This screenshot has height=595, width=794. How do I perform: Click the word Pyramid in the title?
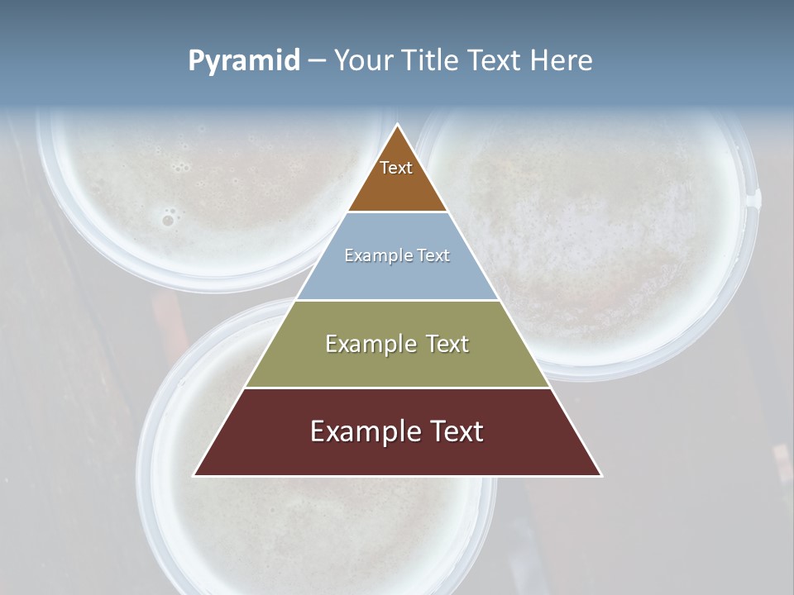click(244, 60)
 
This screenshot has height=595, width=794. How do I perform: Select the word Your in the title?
click(364, 60)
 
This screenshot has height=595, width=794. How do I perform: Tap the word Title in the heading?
click(430, 60)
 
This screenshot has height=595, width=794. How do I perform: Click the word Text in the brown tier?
click(396, 168)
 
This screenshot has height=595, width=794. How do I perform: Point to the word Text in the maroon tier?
click(454, 431)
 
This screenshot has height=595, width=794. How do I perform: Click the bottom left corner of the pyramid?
click(194, 475)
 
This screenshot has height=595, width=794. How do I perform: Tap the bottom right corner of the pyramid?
click(601, 475)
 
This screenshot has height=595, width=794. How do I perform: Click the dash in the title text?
click(317, 61)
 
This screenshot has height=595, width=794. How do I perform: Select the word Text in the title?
click(494, 60)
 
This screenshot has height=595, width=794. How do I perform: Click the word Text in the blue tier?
click(433, 255)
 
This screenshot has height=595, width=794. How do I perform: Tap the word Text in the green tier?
click(439, 344)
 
